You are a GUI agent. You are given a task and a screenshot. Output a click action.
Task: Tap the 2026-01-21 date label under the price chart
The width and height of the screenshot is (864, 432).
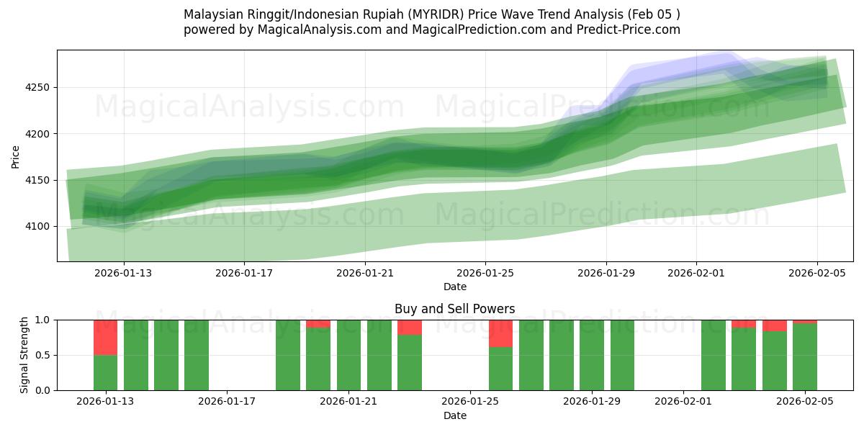click(x=364, y=273)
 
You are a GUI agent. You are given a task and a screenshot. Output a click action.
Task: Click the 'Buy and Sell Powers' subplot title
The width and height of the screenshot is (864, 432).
click(x=454, y=309)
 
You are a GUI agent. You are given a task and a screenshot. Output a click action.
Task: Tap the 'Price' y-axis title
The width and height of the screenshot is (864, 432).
click(x=16, y=156)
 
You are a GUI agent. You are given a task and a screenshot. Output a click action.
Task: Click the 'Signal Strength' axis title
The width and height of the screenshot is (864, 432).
click(x=24, y=355)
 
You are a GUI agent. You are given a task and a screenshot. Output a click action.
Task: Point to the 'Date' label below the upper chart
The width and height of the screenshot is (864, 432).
click(x=454, y=287)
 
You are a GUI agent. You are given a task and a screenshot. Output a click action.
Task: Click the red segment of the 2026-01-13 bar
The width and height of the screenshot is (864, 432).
click(x=106, y=337)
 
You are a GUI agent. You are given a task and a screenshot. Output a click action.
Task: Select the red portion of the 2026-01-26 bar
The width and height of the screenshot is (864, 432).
click(x=500, y=333)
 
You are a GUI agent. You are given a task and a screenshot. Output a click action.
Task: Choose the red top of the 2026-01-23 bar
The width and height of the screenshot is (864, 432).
click(x=410, y=328)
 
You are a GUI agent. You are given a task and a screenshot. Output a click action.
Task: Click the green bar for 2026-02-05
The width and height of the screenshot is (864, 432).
click(x=804, y=357)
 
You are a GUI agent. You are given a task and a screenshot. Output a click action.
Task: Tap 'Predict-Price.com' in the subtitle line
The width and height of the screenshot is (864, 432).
click(x=628, y=30)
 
